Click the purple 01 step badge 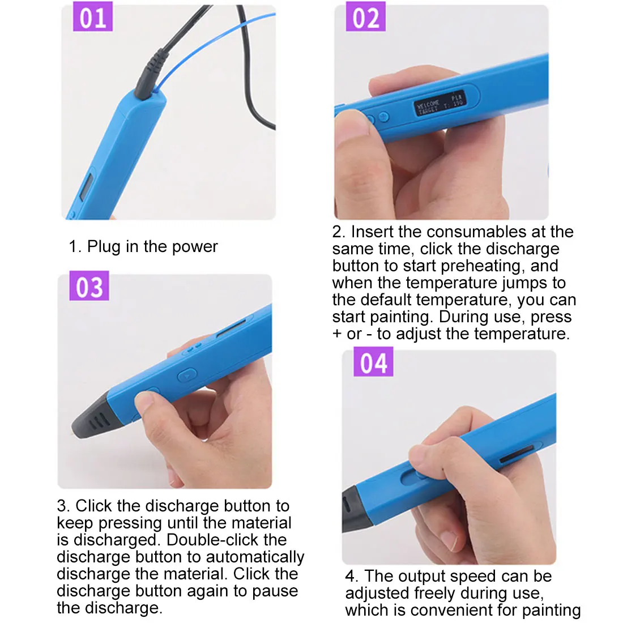92,16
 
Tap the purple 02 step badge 365,16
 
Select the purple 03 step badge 89,285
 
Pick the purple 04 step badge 373,361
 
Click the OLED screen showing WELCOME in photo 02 440,104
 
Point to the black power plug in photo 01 151,74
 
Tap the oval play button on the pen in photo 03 187,375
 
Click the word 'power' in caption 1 195,247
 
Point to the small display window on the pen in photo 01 86,187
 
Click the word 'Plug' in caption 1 104,247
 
